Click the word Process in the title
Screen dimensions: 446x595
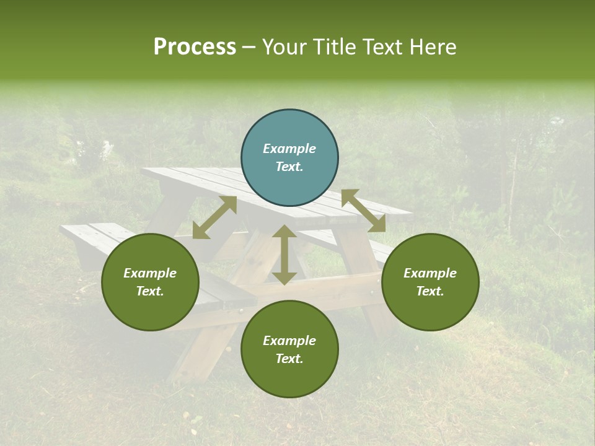(x=195, y=47)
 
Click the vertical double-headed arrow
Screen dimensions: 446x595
(x=284, y=255)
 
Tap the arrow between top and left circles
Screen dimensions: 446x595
(x=214, y=217)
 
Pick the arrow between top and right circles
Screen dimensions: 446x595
(x=363, y=211)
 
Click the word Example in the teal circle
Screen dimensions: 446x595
(x=289, y=149)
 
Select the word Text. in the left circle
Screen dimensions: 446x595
(x=150, y=291)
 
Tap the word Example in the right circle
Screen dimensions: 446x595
(x=430, y=273)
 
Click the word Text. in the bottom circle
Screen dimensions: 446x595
(x=289, y=359)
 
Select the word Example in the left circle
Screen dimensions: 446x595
(x=150, y=273)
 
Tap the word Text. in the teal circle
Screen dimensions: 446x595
(x=289, y=167)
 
